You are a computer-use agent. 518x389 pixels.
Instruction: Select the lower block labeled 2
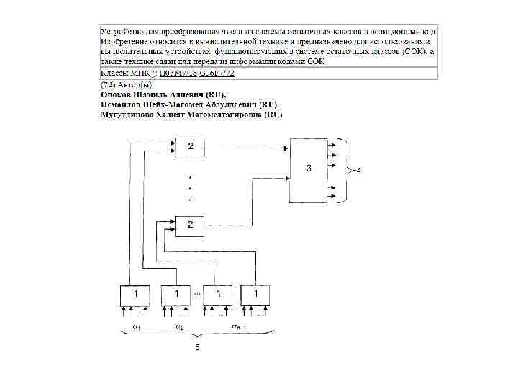191,225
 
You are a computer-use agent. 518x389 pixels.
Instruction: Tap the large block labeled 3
308,169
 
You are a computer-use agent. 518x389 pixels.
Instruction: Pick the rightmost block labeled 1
255,295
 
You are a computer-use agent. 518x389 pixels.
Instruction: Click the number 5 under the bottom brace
196,349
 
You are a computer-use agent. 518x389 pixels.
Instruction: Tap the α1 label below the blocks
135,326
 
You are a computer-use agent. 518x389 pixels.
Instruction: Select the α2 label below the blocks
179,326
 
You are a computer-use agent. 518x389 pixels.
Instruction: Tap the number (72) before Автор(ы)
108,85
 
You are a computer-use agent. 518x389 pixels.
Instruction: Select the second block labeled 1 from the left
176,295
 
